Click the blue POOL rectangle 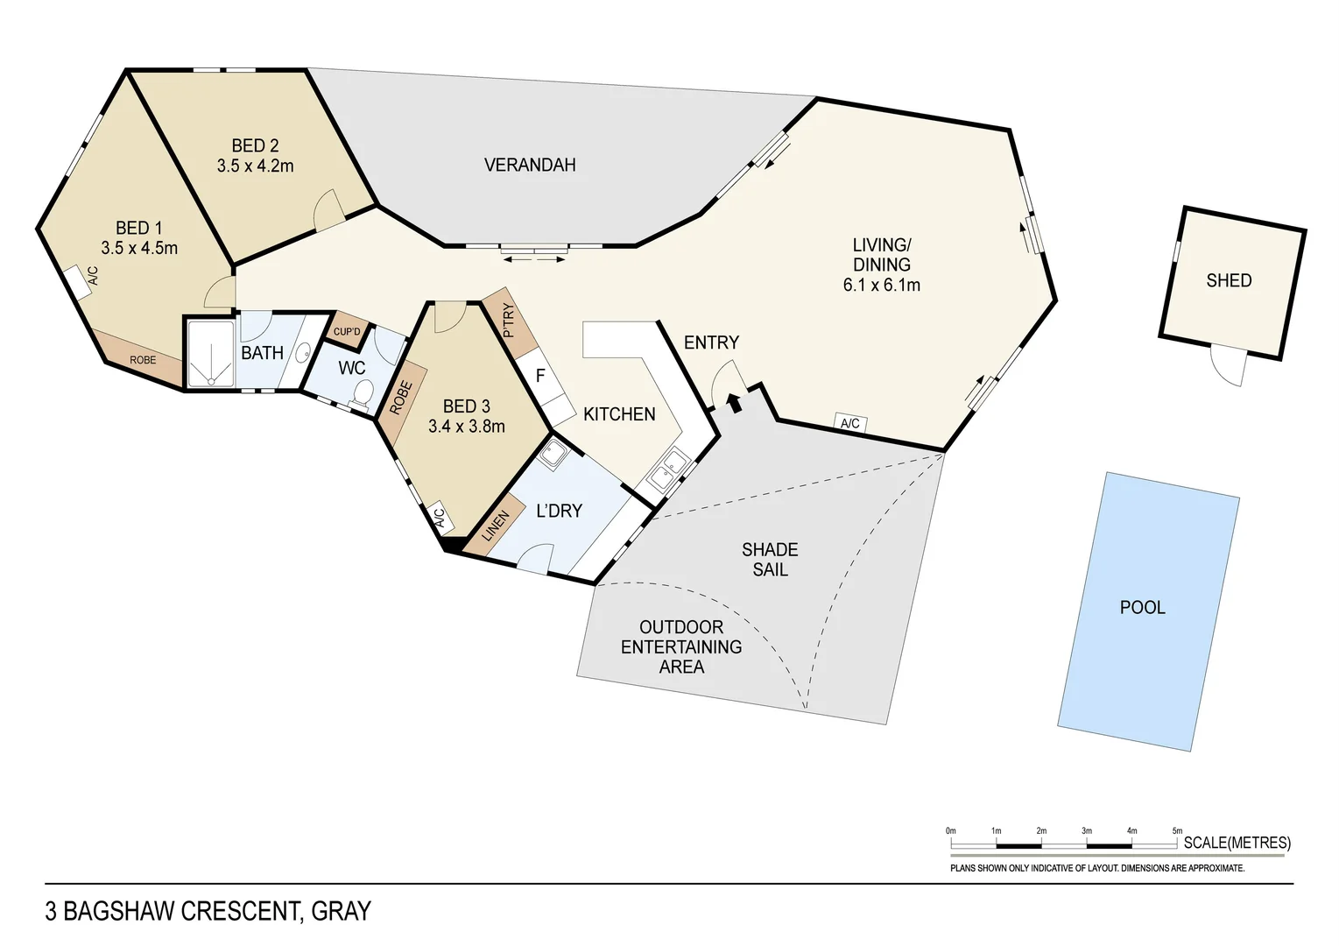1148,611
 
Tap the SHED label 1229,280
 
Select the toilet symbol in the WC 362,394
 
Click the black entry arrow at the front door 734,402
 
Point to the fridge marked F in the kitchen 540,376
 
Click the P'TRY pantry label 509,321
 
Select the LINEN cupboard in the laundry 495,526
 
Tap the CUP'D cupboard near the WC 347,332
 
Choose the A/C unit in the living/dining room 850,423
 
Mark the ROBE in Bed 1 143,360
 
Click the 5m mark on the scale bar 1177,843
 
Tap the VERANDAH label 530,165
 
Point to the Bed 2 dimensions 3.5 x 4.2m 256,166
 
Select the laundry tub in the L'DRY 553,454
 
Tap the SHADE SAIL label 770,560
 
